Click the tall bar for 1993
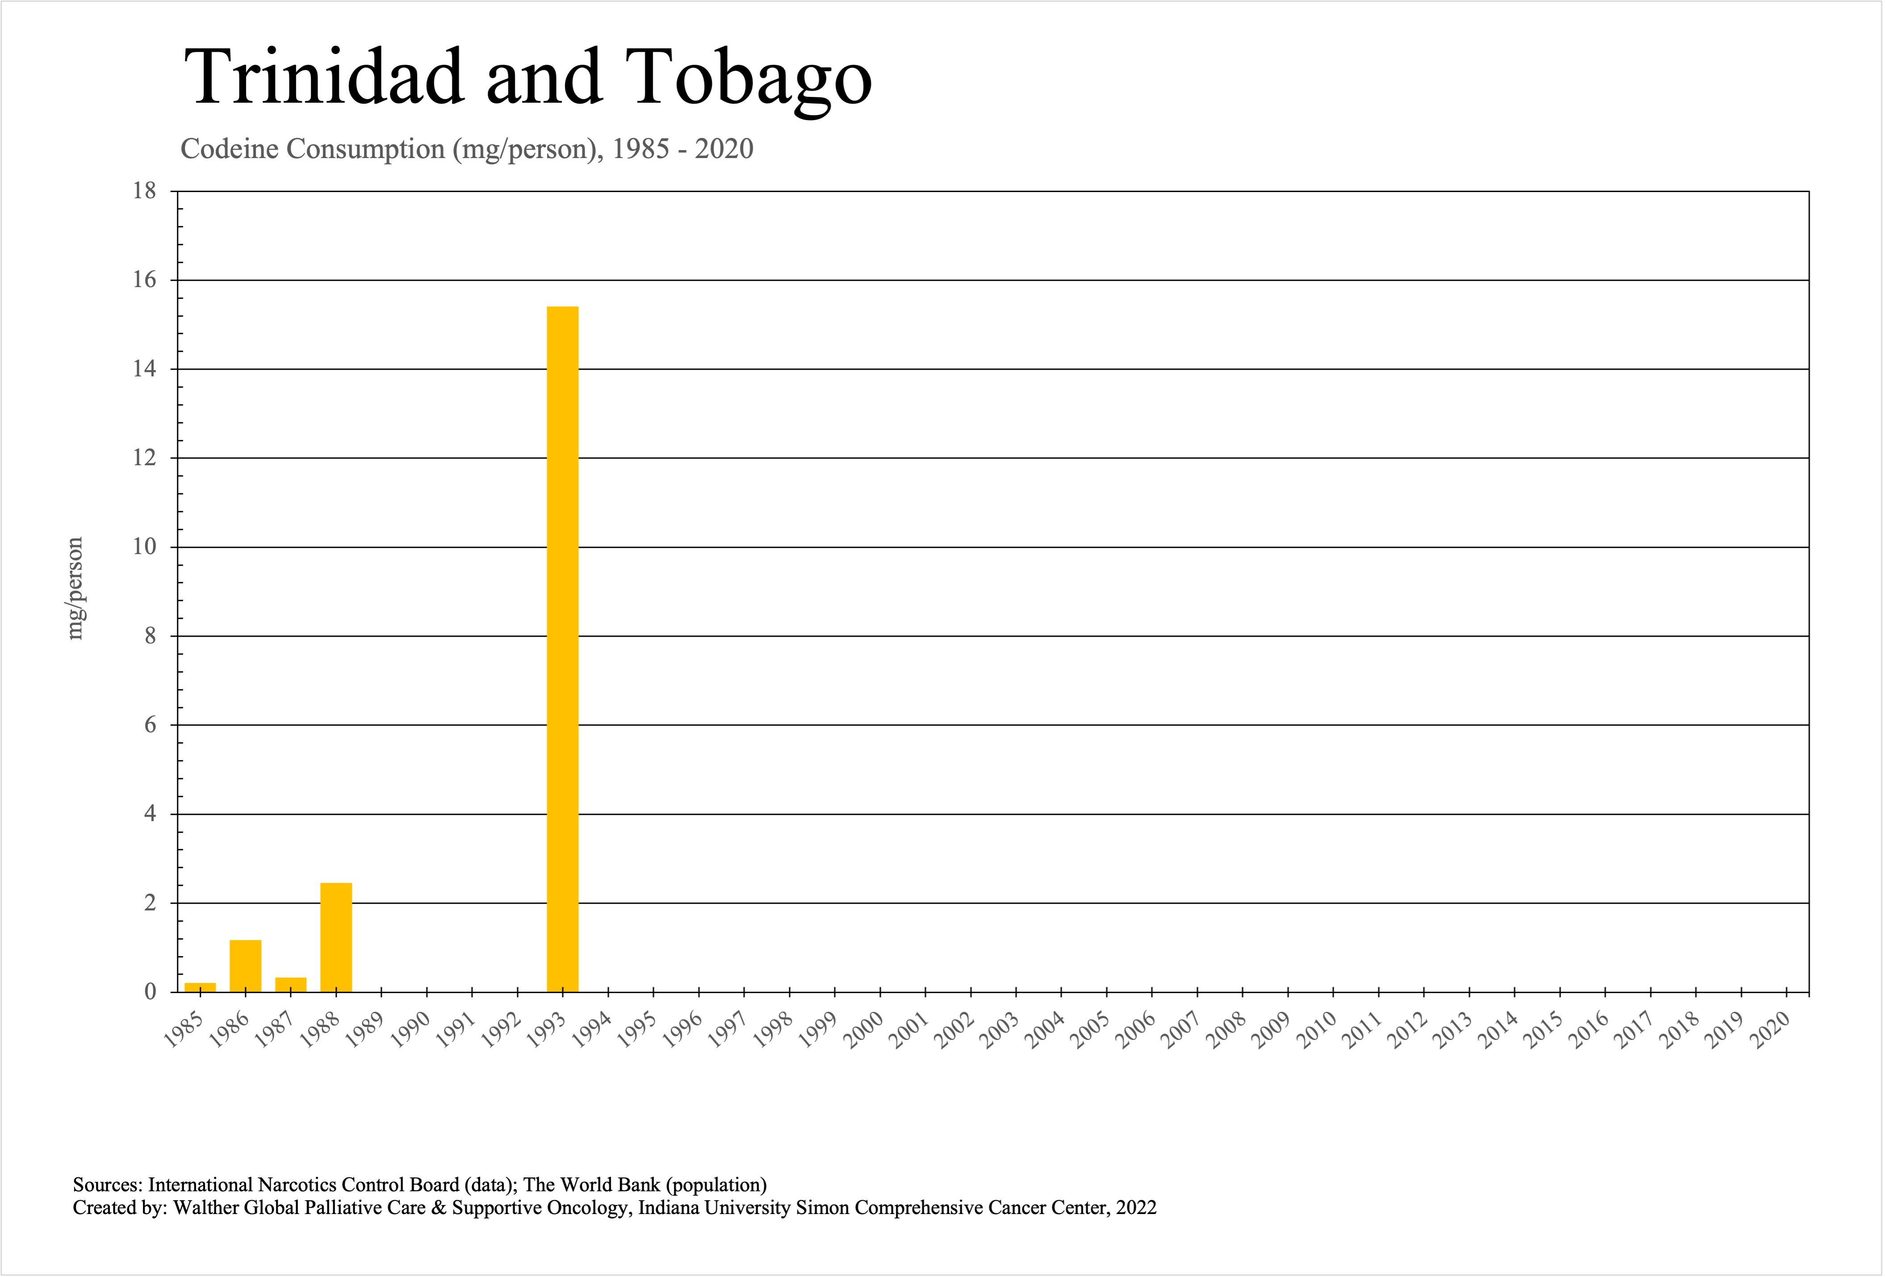(x=562, y=649)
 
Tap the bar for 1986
(x=245, y=966)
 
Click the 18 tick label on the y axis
(x=144, y=192)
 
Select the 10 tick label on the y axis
(x=144, y=547)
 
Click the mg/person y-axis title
(x=75, y=588)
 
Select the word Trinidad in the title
(x=325, y=77)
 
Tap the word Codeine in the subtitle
(x=230, y=149)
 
